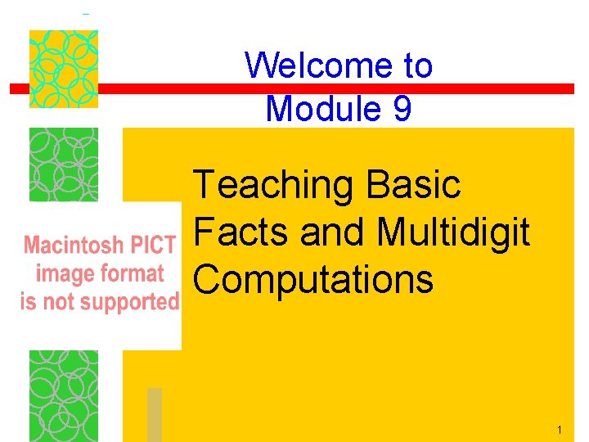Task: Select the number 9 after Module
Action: pyautogui.click(x=402, y=108)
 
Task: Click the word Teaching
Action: pyautogui.click(x=273, y=187)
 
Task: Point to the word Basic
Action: pyautogui.click(x=415, y=185)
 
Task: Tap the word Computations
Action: pyautogui.click(x=313, y=280)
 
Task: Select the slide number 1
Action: pyautogui.click(x=558, y=431)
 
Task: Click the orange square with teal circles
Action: pyautogui.click(x=64, y=69)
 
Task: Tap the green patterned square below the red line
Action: pyautogui.click(x=64, y=164)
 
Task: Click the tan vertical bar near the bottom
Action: pyautogui.click(x=154, y=414)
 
